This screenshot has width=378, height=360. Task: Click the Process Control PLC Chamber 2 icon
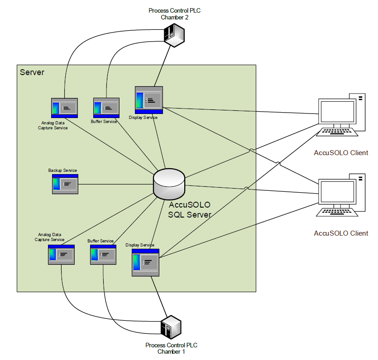coord(174,34)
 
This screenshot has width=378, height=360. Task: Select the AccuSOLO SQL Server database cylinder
coord(169,184)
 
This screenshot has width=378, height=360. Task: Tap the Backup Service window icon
coord(65,184)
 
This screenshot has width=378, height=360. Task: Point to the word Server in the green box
coord(32,72)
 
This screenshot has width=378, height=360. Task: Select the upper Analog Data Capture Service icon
coord(64,108)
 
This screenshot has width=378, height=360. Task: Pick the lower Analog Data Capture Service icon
coord(61,255)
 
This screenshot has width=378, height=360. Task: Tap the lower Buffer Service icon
coord(103,255)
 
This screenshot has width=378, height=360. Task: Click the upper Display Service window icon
coord(149,100)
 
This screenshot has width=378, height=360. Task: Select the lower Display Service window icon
coord(145,262)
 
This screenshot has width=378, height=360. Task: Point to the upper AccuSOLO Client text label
coord(341,152)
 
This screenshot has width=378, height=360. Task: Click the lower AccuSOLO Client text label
coord(341,233)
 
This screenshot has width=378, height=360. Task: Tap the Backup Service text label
coord(62,171)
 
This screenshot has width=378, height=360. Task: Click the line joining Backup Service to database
coord(115,184)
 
